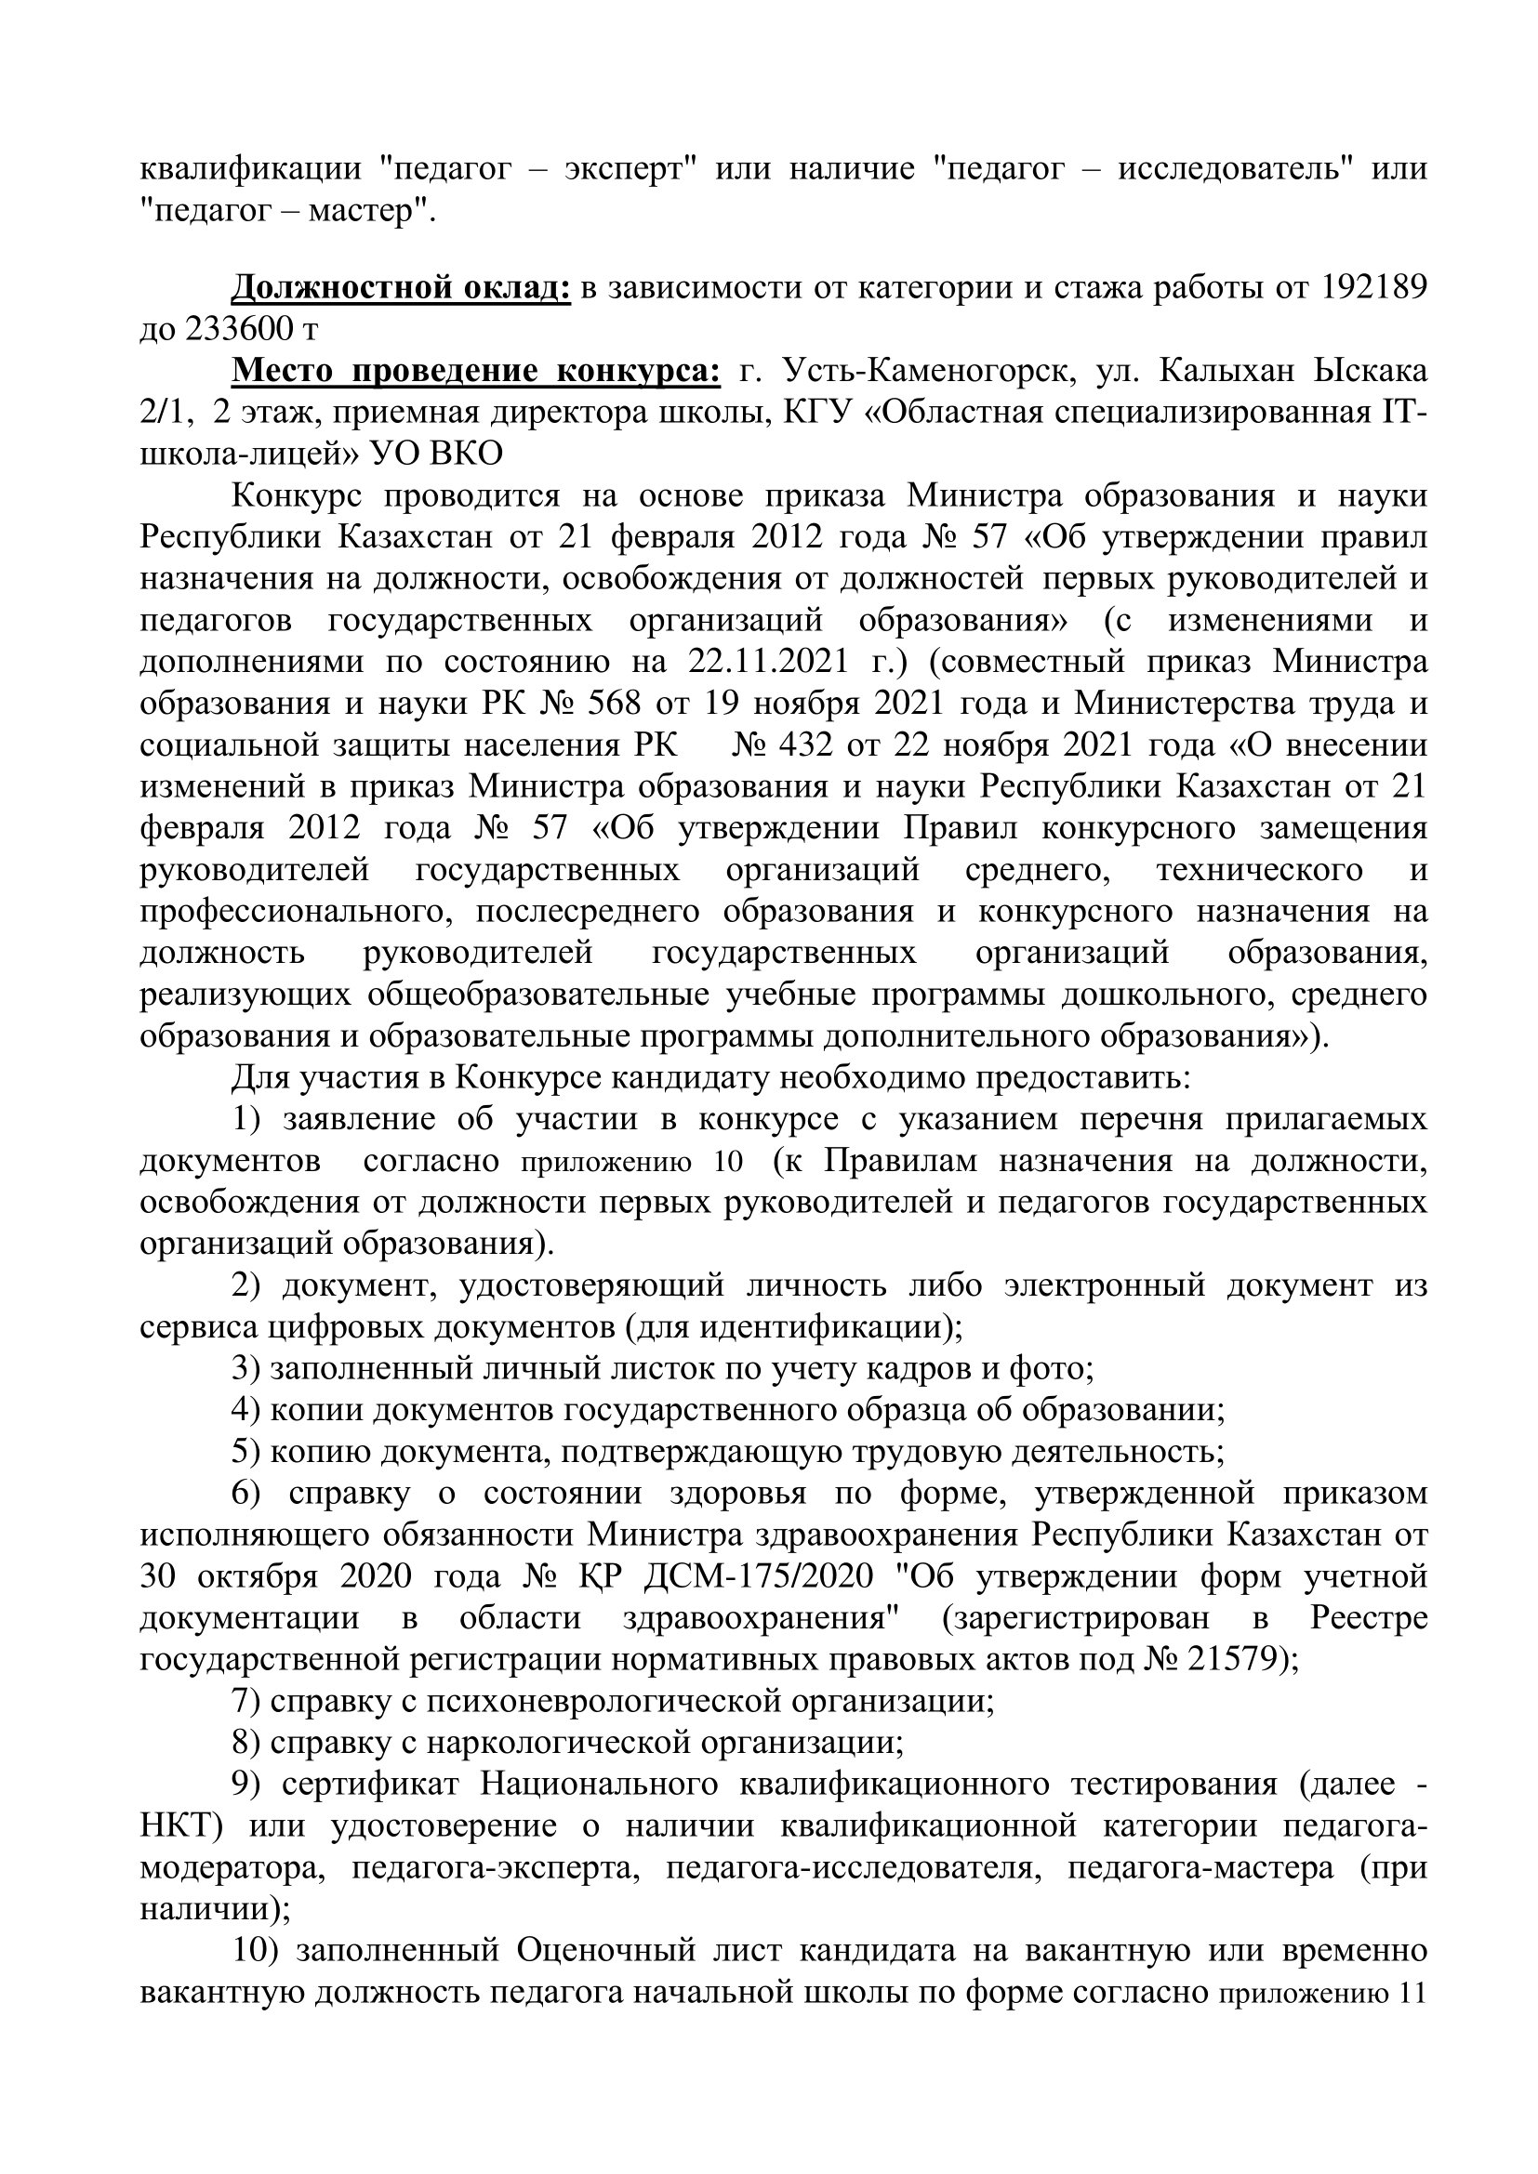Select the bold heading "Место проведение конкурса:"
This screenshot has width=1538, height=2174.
tap(476, 370)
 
